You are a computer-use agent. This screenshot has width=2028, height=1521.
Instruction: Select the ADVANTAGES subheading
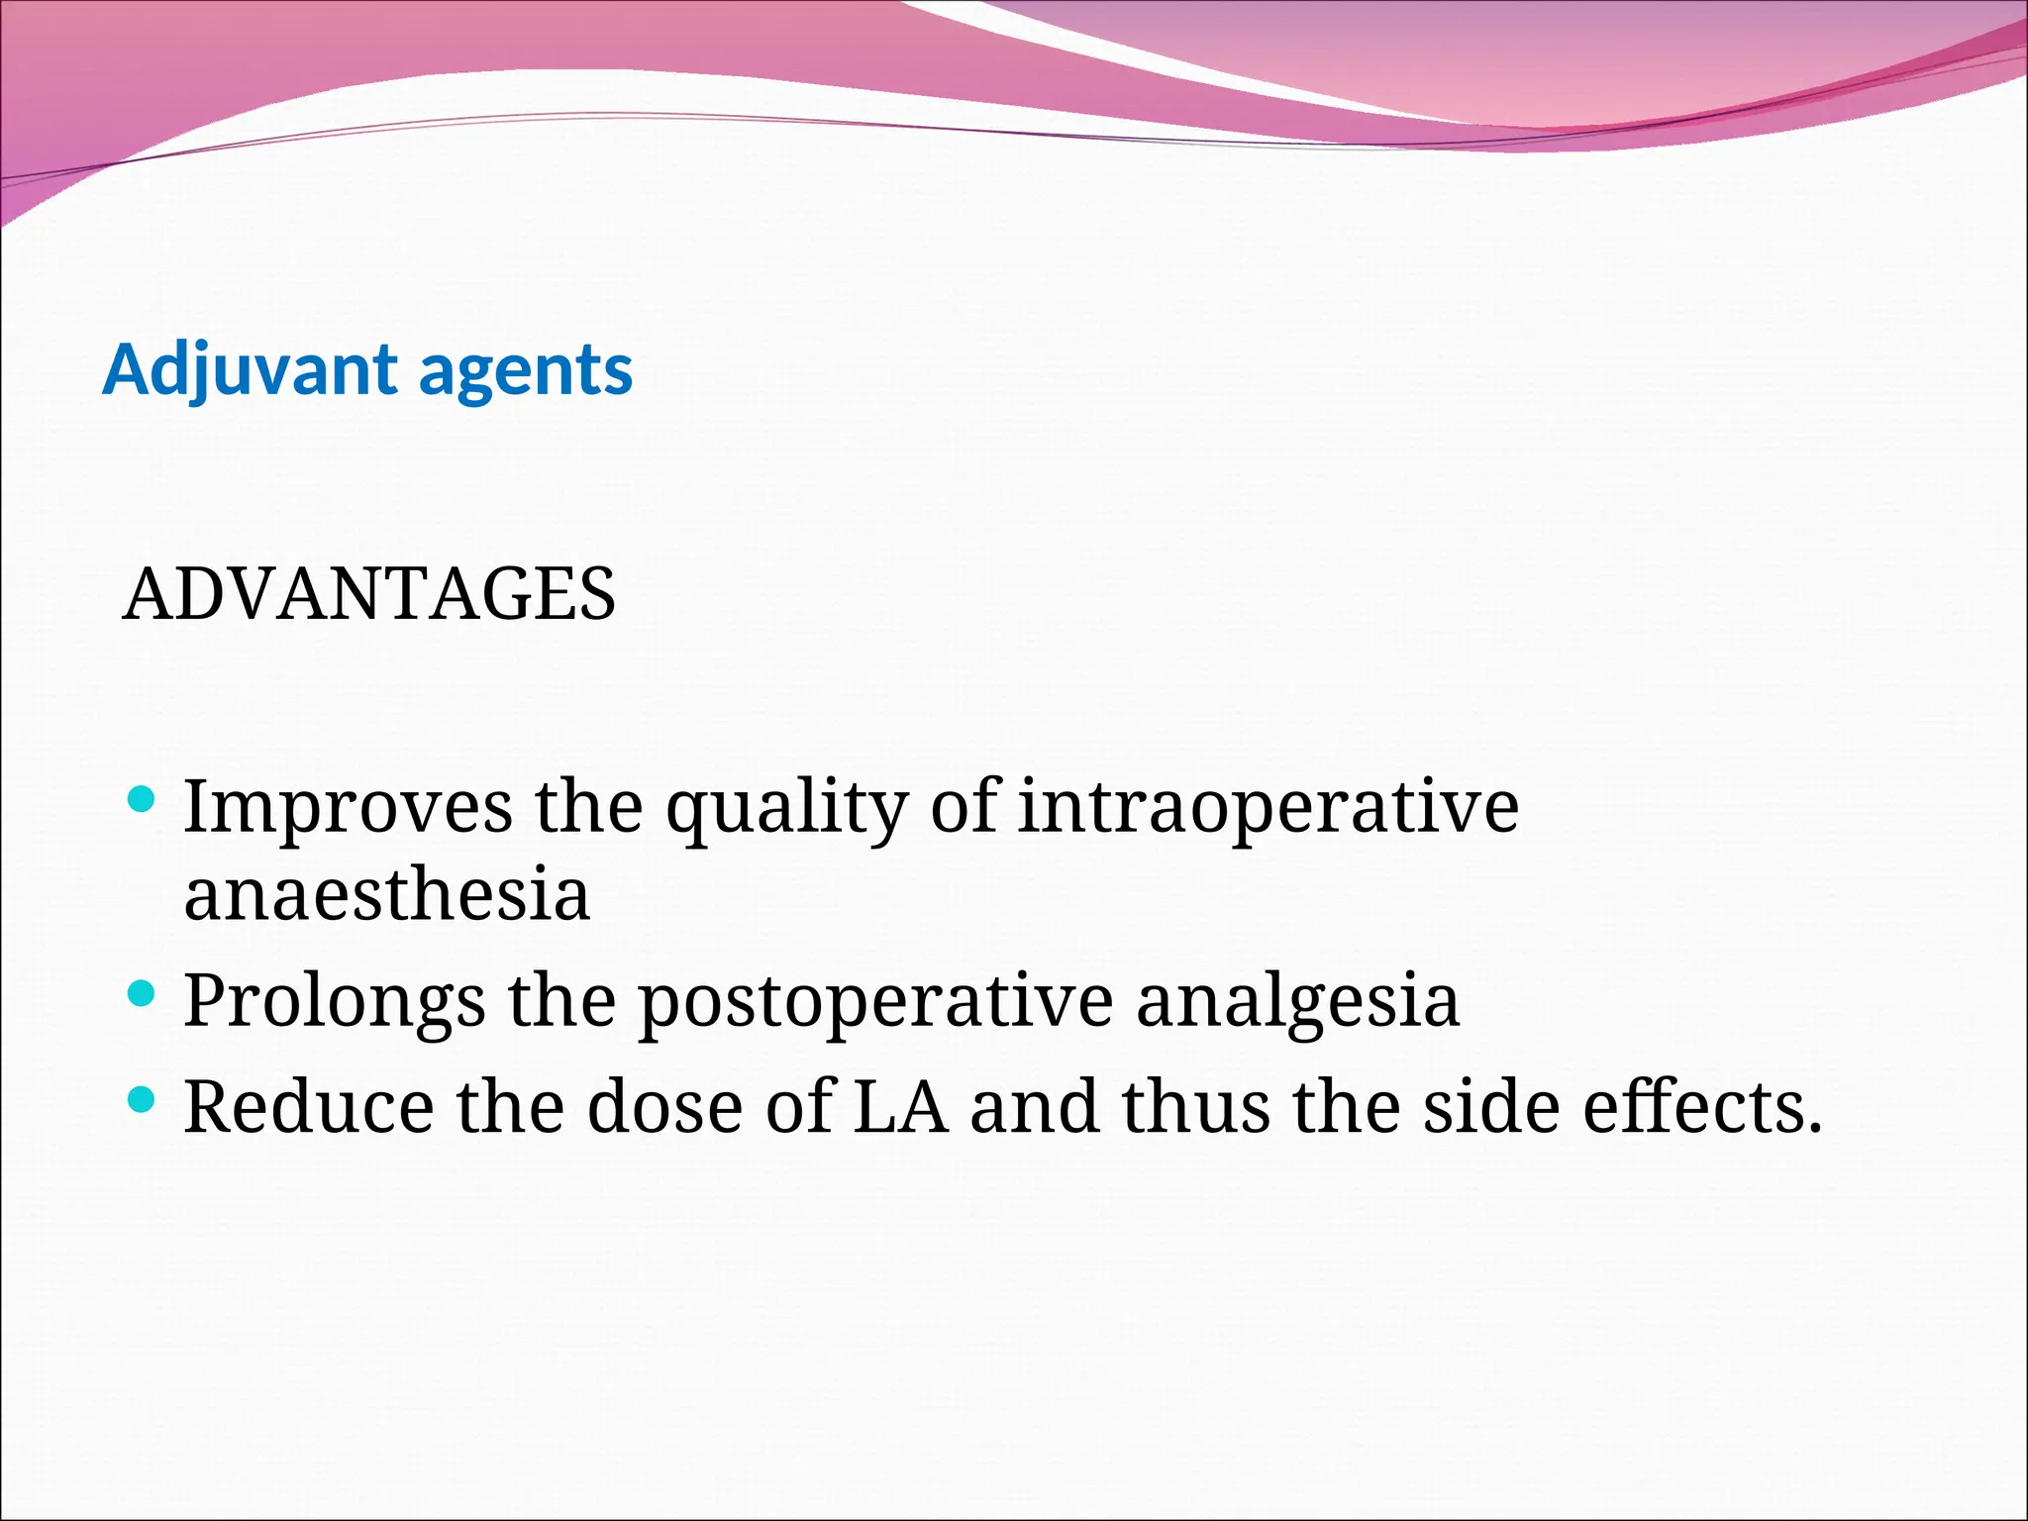(368, 594)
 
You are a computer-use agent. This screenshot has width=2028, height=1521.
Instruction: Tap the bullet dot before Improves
(143, 799)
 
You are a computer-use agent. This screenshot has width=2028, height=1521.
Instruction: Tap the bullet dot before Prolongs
(143, 993)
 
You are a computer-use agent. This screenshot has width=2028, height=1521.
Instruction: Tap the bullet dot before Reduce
(143, 1099)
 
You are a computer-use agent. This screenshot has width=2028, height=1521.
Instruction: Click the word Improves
(349, 807)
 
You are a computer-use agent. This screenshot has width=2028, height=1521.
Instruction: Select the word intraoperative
(1268, 807)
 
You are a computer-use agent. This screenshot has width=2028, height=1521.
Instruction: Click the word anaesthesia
(387, 893)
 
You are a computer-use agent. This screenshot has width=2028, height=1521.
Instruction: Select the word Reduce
(309, 1106)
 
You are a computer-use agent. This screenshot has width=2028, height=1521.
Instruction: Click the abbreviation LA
(900, 1106)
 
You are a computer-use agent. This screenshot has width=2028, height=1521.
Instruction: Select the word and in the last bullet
(1034, 1106)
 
